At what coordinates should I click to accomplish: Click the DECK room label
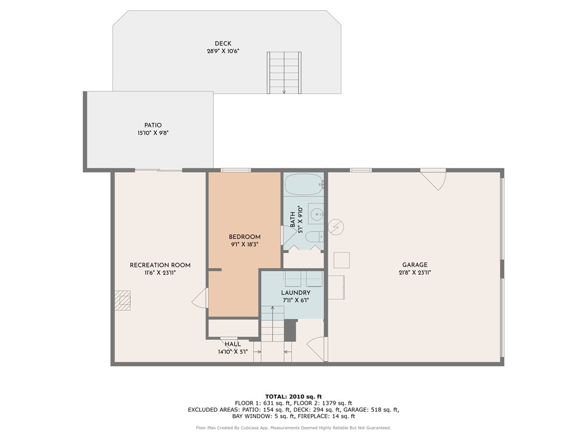tap(223, 44)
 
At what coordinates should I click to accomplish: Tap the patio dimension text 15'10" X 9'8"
tap(153, 133)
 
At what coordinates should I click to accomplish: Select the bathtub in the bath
tap(304, 185)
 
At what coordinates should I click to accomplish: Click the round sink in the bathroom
tap(317, 214)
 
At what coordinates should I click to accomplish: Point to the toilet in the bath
tap(314, 237)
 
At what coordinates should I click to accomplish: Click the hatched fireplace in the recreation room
tap(122, 300)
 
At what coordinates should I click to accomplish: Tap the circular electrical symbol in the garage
tap(336, 227)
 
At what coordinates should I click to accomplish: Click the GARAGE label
tap(415, 265)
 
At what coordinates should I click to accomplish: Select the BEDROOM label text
tap(245, 237)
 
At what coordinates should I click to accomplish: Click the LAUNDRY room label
tap(296, 292)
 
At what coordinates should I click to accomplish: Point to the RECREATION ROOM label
tap(160, 265)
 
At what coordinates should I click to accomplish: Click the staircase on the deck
tap(284, 73)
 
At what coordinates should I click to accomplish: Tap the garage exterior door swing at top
tap(433, 179)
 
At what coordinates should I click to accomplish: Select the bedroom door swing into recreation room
tap(200, 298)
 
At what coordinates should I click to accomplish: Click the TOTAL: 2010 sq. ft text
tap(293, 396)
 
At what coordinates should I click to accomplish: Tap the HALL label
tap(233, 344)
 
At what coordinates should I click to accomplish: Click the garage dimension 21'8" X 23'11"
tap(415, 273)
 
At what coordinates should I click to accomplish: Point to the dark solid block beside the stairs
tap(291, 330)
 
